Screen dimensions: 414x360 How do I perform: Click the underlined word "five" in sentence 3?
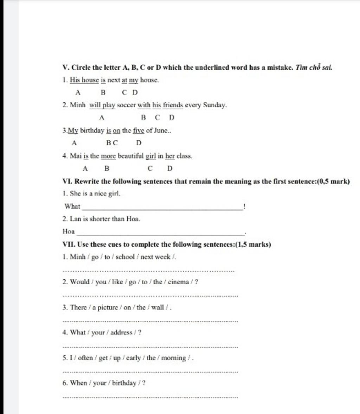[139, 131]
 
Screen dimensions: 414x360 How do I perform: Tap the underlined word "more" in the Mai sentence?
[108, 156]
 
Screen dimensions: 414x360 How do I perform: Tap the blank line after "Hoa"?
[160, 234]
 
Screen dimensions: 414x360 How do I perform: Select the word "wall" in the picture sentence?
[157, 307]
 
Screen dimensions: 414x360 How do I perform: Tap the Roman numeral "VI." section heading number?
[67, 181]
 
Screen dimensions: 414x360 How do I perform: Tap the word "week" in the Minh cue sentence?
[163, 257]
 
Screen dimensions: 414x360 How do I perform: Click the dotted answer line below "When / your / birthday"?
[150, 397]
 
